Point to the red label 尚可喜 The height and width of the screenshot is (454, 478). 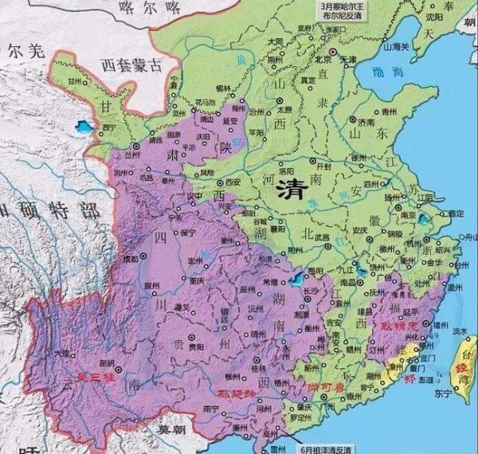tap(324, 386)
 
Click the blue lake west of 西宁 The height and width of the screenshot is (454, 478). tap(81, 126)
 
